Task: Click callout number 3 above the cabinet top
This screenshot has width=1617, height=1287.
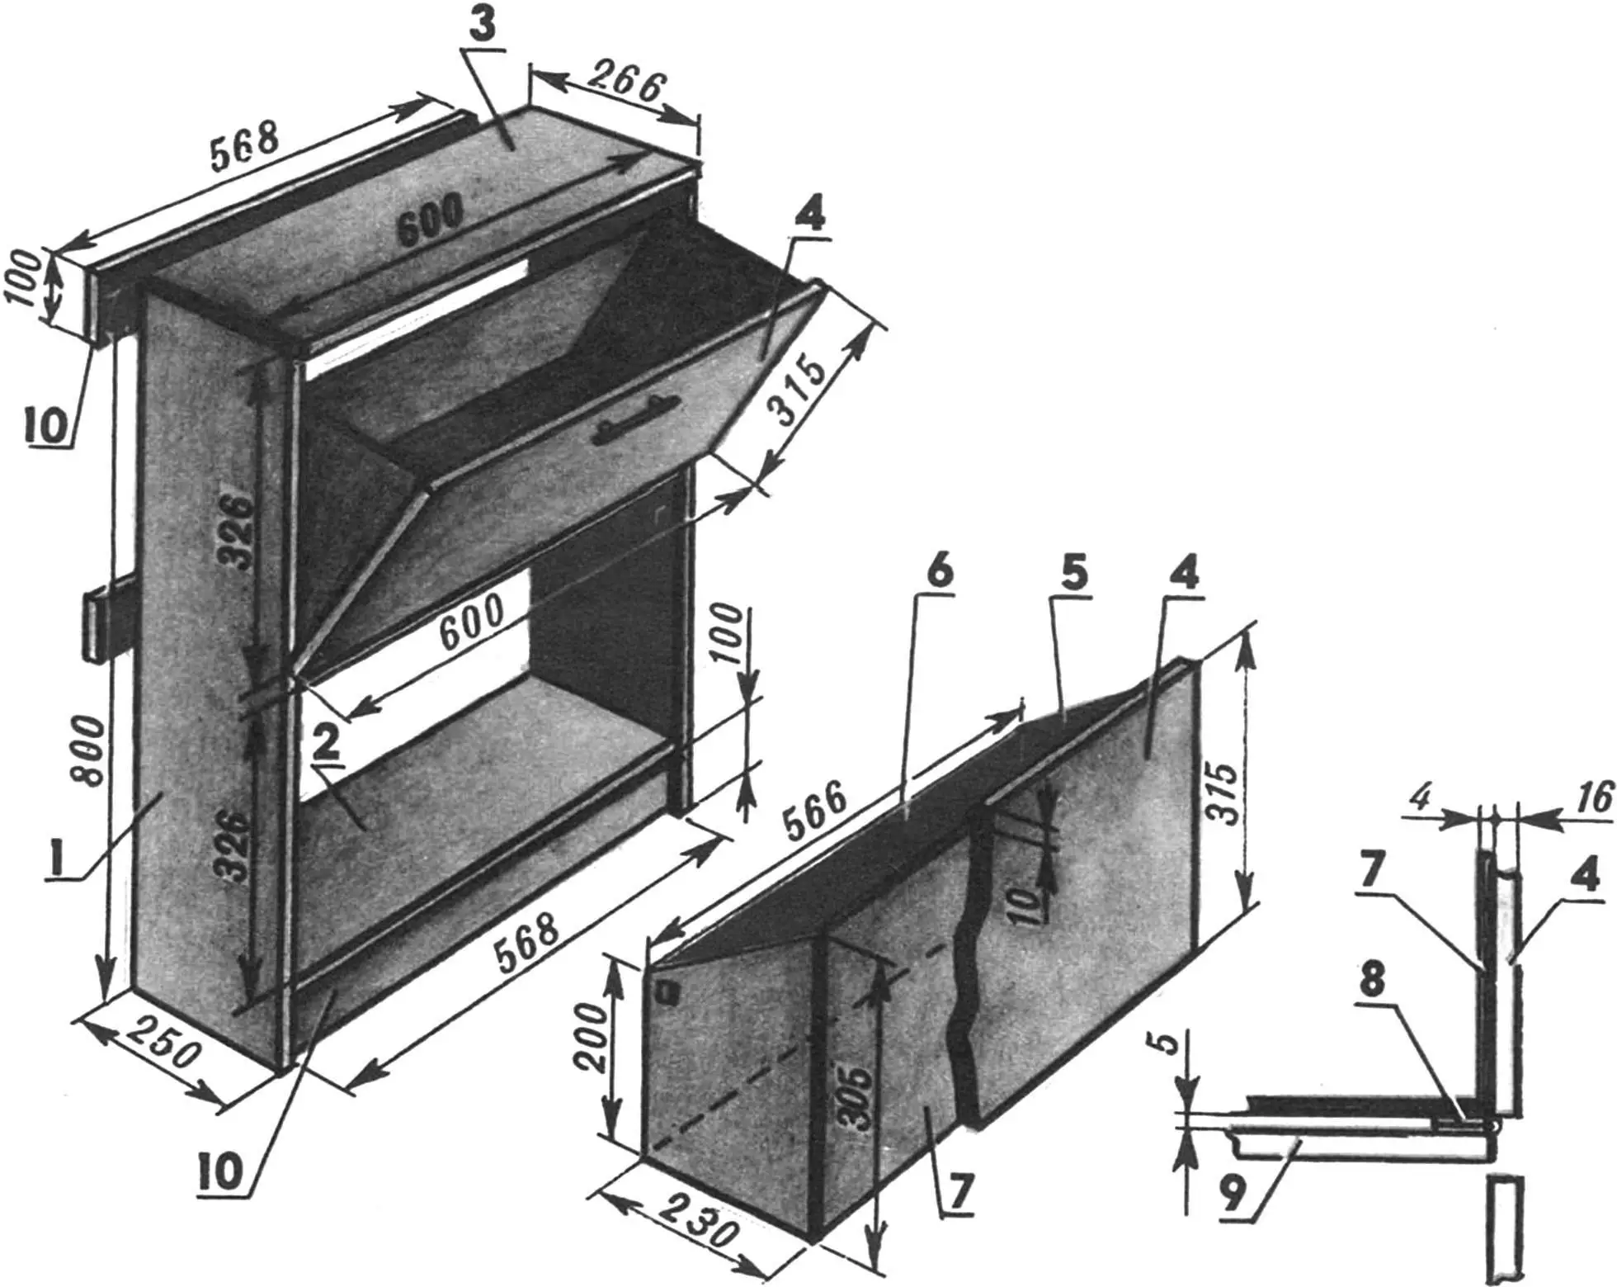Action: click(483, 26)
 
